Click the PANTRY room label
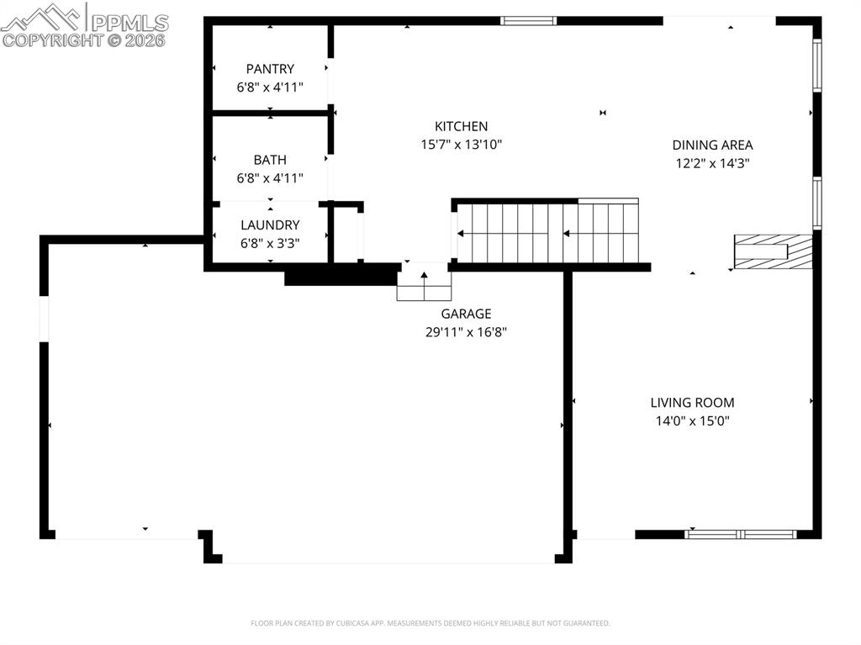click(270, 69)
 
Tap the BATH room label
click(270, 160)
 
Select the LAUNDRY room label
click(270, 225)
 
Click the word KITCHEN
click(461, 126)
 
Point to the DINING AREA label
click(712, 145)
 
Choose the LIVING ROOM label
click(692, 403)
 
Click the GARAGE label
click(466, 314)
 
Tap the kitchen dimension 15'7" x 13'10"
click(461, 145)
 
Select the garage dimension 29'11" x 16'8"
click(466, 332)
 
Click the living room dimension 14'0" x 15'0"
click(692, 421)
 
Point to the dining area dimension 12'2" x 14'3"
click(712, 163)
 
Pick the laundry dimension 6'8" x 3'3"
click(270, 243)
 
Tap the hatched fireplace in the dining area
click(773, 251)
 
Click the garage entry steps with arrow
click(424, 283)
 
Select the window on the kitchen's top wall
click(528, 21)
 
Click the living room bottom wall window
click(741, 534)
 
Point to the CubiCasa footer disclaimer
click(430, 623)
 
